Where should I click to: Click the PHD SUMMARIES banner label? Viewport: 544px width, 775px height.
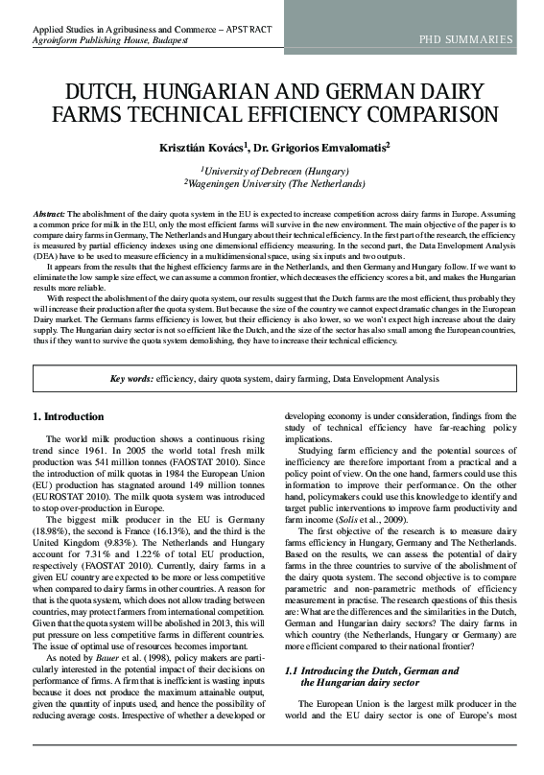coord(464,39)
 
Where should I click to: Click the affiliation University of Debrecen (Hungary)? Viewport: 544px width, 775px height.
coord(274,170)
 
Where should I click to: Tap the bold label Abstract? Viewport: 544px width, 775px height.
coord(49,211)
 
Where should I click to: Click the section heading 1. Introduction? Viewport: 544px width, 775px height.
coord(69,417)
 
